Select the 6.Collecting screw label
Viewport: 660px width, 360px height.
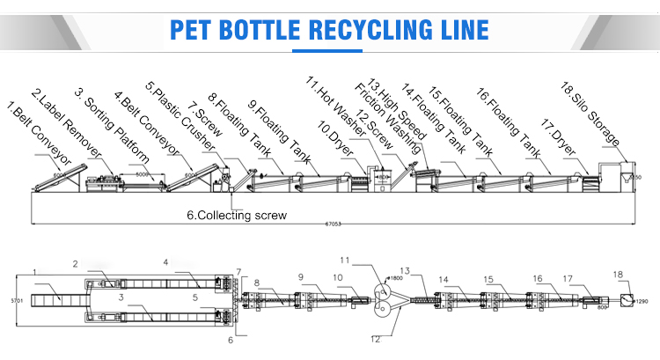(236, 214)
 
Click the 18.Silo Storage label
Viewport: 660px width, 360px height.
(590, 115)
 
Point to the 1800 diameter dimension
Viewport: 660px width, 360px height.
(396, 277)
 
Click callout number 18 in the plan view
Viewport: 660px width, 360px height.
(619, 274)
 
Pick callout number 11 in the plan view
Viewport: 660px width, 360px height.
(370, 260)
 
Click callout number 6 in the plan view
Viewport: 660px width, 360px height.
(230, 339)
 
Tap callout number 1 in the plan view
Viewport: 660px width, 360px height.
(35, 271)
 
